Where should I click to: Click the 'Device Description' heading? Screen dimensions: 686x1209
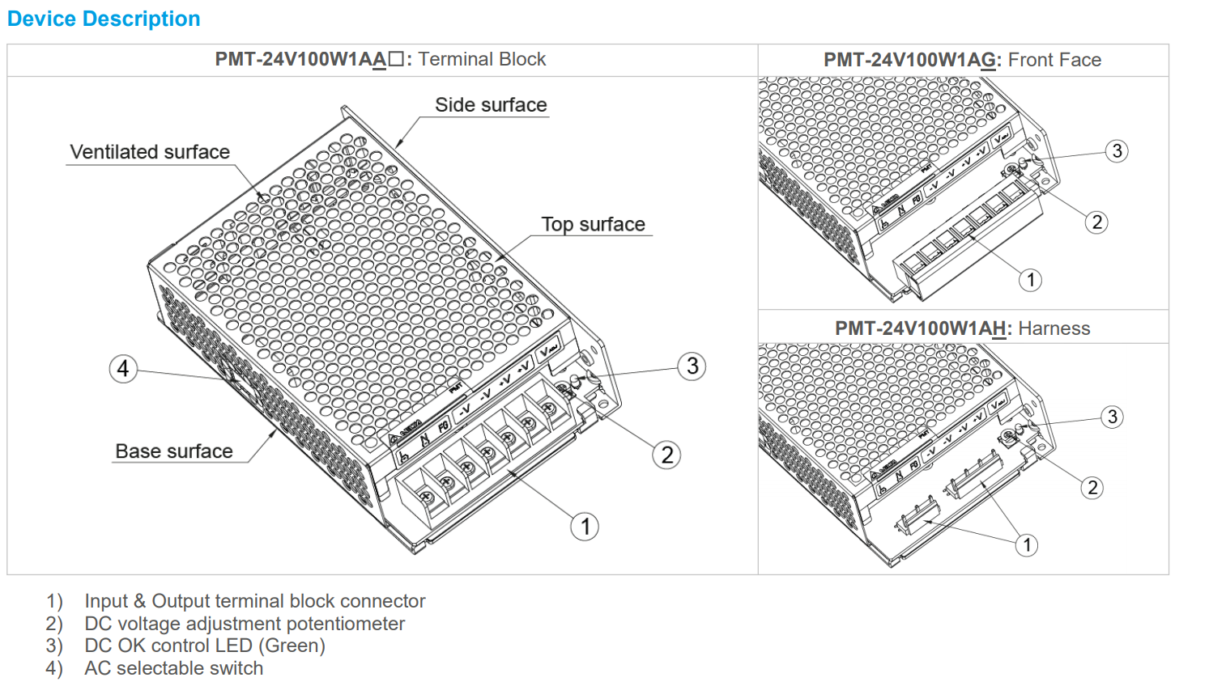point(104,19)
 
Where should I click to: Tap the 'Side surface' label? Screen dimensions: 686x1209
point(491,105)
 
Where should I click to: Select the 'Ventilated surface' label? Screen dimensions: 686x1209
point(150,152)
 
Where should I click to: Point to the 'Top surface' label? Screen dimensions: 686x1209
point(593,225)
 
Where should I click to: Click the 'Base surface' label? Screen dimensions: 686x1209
point(174,451)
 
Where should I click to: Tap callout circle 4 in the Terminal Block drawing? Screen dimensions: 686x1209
point(123,369)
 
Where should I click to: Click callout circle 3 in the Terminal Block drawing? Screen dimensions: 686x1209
point(692,366)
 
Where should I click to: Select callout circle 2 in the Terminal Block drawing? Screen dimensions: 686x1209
point(666,455)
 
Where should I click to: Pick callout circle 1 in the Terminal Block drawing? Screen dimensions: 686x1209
point(585,527)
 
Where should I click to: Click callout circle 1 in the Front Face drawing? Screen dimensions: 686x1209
point(1030,280)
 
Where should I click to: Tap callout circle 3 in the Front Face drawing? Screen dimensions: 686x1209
point(1117,151)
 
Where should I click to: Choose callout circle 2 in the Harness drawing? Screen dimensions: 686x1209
point(1092,488)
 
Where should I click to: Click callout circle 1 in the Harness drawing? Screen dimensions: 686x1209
point(1027,545)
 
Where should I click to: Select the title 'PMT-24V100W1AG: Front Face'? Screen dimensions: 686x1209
point(962,60)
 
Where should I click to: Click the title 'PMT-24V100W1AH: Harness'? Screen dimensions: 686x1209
point(962,328)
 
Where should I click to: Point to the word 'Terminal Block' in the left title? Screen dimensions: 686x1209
point(482,60)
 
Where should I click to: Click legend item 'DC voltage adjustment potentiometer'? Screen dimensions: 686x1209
point(245,624)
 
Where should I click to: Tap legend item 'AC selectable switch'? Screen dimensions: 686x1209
point(173,668)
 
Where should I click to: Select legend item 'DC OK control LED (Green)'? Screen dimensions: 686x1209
point(205,646)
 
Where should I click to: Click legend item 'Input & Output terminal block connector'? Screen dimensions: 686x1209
point(254,601)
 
